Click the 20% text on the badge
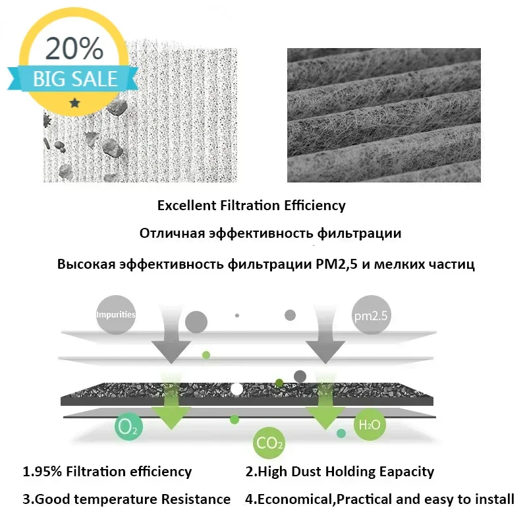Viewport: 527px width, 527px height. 74,49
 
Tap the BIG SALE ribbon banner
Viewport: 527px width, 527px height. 74,80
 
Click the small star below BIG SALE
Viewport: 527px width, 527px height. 74,103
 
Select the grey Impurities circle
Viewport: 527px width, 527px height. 115,314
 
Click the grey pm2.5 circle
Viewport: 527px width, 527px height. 372,316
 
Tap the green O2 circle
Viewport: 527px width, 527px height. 128,428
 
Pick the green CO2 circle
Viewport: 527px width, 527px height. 269,443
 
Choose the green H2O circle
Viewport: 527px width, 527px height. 368,424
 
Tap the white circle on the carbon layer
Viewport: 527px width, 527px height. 236,389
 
